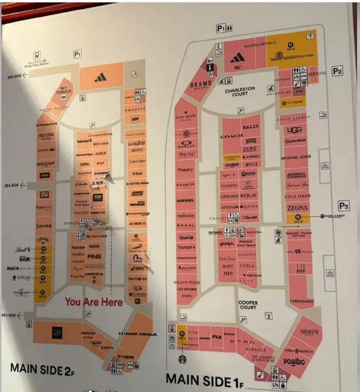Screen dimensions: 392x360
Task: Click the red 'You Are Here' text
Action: coord(94,301)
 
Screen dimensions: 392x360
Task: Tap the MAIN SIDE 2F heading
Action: coord(41,369)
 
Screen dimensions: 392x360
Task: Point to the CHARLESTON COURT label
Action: coord(239,92)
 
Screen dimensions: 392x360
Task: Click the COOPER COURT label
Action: coord(247,304)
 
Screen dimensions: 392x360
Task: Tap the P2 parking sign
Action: coord(337,71)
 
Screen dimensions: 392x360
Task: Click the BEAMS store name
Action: coord(201,85)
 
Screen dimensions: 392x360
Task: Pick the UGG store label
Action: coord(295,130)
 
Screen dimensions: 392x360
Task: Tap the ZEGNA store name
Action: coord(298,208)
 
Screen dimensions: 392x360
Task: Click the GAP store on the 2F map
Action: coord(57,333)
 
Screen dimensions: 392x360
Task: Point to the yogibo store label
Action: coord(293,361)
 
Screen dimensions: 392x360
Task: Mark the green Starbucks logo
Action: coord(181,360)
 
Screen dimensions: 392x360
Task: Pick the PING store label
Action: coord(94,256)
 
